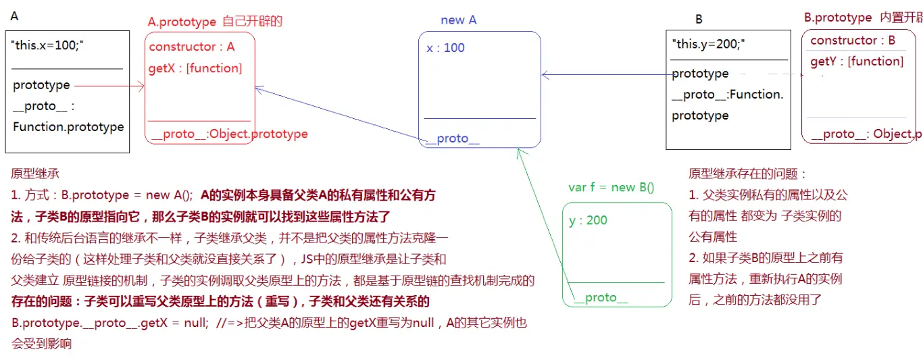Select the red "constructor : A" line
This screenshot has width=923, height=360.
[x=192, y=47]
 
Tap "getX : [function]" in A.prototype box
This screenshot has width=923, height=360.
[x=195, y=68]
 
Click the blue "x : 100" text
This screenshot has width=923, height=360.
[x=445, y=47]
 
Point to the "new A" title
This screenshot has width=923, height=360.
[x=458, y=20]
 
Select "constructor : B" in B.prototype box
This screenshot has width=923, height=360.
[x=853, y=40]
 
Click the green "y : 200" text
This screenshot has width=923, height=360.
[x=589, y=220]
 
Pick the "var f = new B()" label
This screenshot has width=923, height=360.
[x=612, y=187]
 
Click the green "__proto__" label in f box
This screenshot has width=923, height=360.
[x=601, y=297]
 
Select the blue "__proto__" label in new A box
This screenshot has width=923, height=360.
[x=453, y=138]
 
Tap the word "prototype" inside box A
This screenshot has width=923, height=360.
[x=41, y=85]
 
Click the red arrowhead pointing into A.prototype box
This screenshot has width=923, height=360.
[x=142, y=85]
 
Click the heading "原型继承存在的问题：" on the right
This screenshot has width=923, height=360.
[x=748, y=174]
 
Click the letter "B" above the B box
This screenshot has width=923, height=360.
[x=699, y=20]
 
